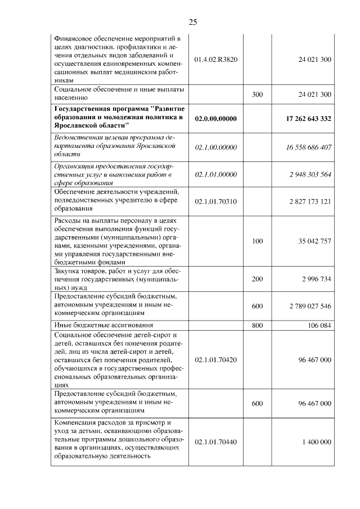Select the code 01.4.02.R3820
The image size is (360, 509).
[215, 59]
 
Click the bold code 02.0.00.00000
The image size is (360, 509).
[215, 119]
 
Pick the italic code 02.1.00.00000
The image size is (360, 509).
[215, 147]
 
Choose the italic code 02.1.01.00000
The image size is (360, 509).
[215, 174]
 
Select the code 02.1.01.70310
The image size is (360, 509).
[215, 201]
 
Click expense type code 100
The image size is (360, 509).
[258, 241]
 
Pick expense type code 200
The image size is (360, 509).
[258, 279]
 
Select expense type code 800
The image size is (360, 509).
[258, 326]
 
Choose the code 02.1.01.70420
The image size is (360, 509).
[215, 359]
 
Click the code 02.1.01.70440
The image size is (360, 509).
[215, 442]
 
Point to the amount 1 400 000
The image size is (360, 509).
[317, 442]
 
